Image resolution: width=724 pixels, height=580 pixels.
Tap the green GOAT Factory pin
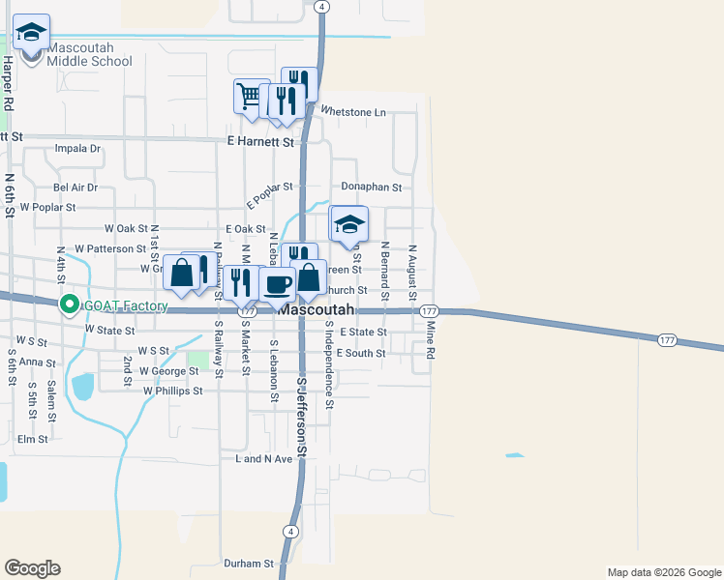[x=70, y=305]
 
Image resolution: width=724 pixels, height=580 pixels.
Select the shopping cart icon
[x=250, y=96]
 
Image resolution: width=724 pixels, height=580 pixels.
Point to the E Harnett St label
[x=260, y=141]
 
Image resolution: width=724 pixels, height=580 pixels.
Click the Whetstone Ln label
[x=353, y=112]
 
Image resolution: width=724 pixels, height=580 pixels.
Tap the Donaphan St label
[x=371, y=187]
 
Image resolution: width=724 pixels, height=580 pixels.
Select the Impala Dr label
[x=78, y=149]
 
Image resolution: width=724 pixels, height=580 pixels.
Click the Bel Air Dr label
[x=75, y=187]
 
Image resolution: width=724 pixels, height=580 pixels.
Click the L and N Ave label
[x=263, y=459]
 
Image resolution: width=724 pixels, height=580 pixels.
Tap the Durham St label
[x=249, y=563]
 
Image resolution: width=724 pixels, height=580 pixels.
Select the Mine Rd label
[x=431, y=341]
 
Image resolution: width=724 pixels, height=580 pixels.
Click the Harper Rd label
[x=8, y=82]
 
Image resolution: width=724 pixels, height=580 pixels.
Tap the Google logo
[x=32, y=567]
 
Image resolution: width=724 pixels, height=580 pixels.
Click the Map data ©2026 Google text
[x=663, y=572]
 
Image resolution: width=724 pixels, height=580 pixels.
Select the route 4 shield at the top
[x=323, y=6]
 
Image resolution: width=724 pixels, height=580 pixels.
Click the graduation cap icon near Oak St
[x=349, y=225]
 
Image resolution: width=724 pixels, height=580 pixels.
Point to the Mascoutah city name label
[x=316, y=310]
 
